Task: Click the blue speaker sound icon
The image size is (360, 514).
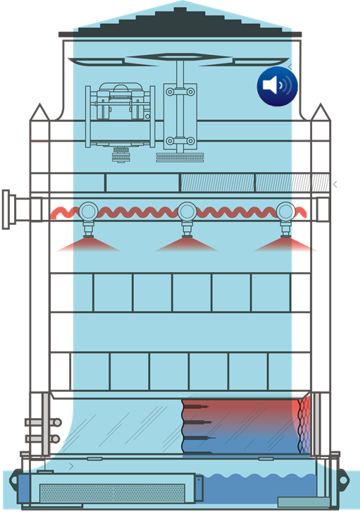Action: [277, 86]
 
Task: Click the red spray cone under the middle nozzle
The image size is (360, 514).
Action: [187, 245]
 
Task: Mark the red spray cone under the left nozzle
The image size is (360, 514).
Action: [87, 245]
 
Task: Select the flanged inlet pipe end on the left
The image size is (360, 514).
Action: [6, 209]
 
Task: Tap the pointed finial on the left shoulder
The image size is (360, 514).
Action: [39, 111]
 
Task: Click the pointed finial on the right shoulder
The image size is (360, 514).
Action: [321, 111]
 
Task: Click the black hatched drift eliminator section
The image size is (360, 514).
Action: [311, 183]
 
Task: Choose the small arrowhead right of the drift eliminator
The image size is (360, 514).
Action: [335, 185]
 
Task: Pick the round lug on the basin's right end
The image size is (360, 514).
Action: [345, 479]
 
